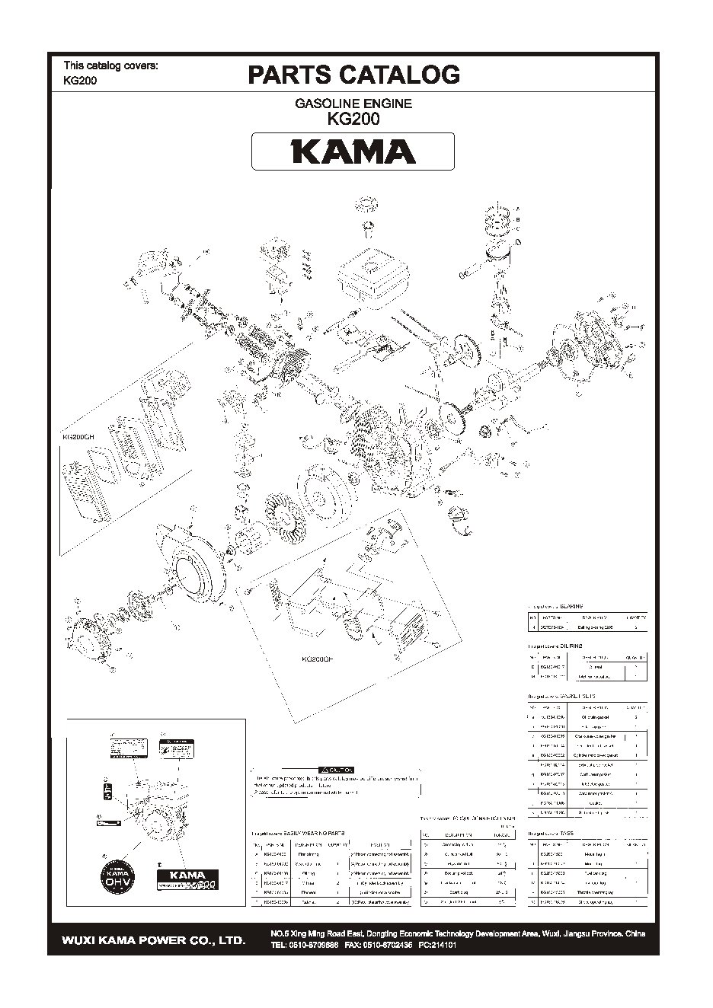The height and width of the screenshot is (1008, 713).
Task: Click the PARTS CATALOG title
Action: pyautogui.click(x=353, y=75)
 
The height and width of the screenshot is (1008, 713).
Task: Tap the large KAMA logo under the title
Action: pyautogui.click(x=353, y=152)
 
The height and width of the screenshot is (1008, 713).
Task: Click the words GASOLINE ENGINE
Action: pyautogui.click(x=353, y=104)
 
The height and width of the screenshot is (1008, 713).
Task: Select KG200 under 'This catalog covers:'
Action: pyautogui.click(x=80, y=81)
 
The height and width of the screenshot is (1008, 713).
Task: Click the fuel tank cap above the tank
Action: pyautogui.click(x=367, y=203)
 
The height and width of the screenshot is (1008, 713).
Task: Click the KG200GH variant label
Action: pyautogui.click(x=78, y=437)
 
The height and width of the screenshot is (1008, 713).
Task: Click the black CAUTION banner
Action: pyautogui.click(x=335, y=770)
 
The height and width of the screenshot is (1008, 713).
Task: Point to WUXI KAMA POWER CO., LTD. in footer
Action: pyautogui.click(x=153, y=940)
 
